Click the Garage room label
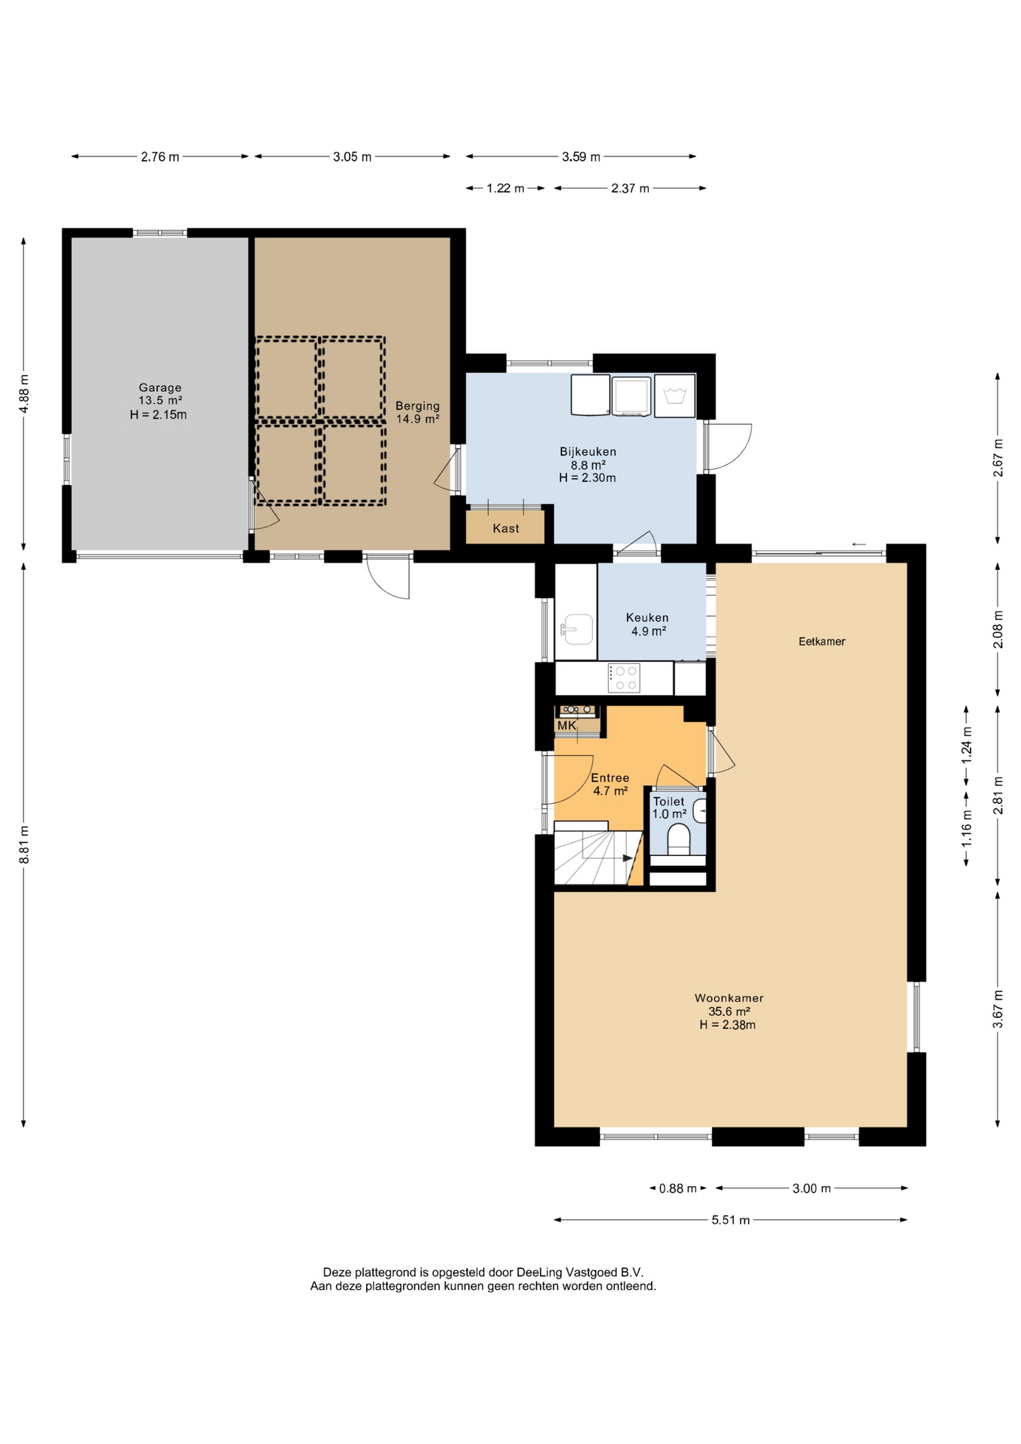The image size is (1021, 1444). [159, 401]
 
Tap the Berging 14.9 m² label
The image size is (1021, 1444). [418, 412]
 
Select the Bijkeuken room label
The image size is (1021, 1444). [587, 464]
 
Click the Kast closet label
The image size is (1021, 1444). [506, 529]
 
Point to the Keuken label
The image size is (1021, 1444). [647, 624]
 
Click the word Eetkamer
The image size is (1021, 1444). [822, 642]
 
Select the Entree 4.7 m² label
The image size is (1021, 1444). [610, 784]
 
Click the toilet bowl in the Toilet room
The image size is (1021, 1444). [679, 839]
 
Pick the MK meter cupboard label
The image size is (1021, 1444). [567, 726]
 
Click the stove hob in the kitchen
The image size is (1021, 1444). [623, 678]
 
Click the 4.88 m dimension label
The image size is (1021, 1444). [24, 393]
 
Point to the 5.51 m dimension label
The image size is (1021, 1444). [731, 1220]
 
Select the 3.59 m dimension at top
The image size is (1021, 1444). [581, 156]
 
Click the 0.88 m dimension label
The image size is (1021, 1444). [677, 1188]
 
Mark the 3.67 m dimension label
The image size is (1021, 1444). [998, 1009]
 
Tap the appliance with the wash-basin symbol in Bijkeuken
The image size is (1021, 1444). [674, 396]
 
